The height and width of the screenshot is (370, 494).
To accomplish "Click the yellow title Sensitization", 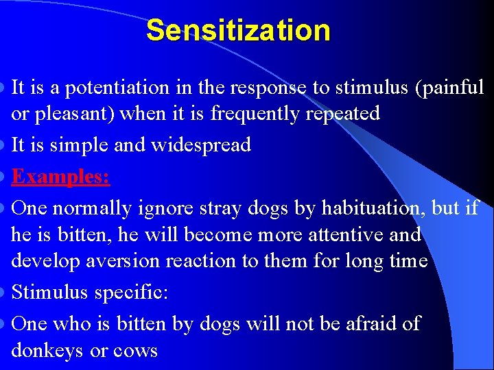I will pos(238,30).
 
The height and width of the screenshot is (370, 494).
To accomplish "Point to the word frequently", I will pos(252,114).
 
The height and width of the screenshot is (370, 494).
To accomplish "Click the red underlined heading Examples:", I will pos(61,176).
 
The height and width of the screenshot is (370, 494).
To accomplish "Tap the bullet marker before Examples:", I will pos(5,177).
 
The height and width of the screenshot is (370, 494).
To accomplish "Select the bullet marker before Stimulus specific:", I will pos(5,293).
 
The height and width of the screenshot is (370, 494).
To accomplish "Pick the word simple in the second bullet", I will pos(70,145).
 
